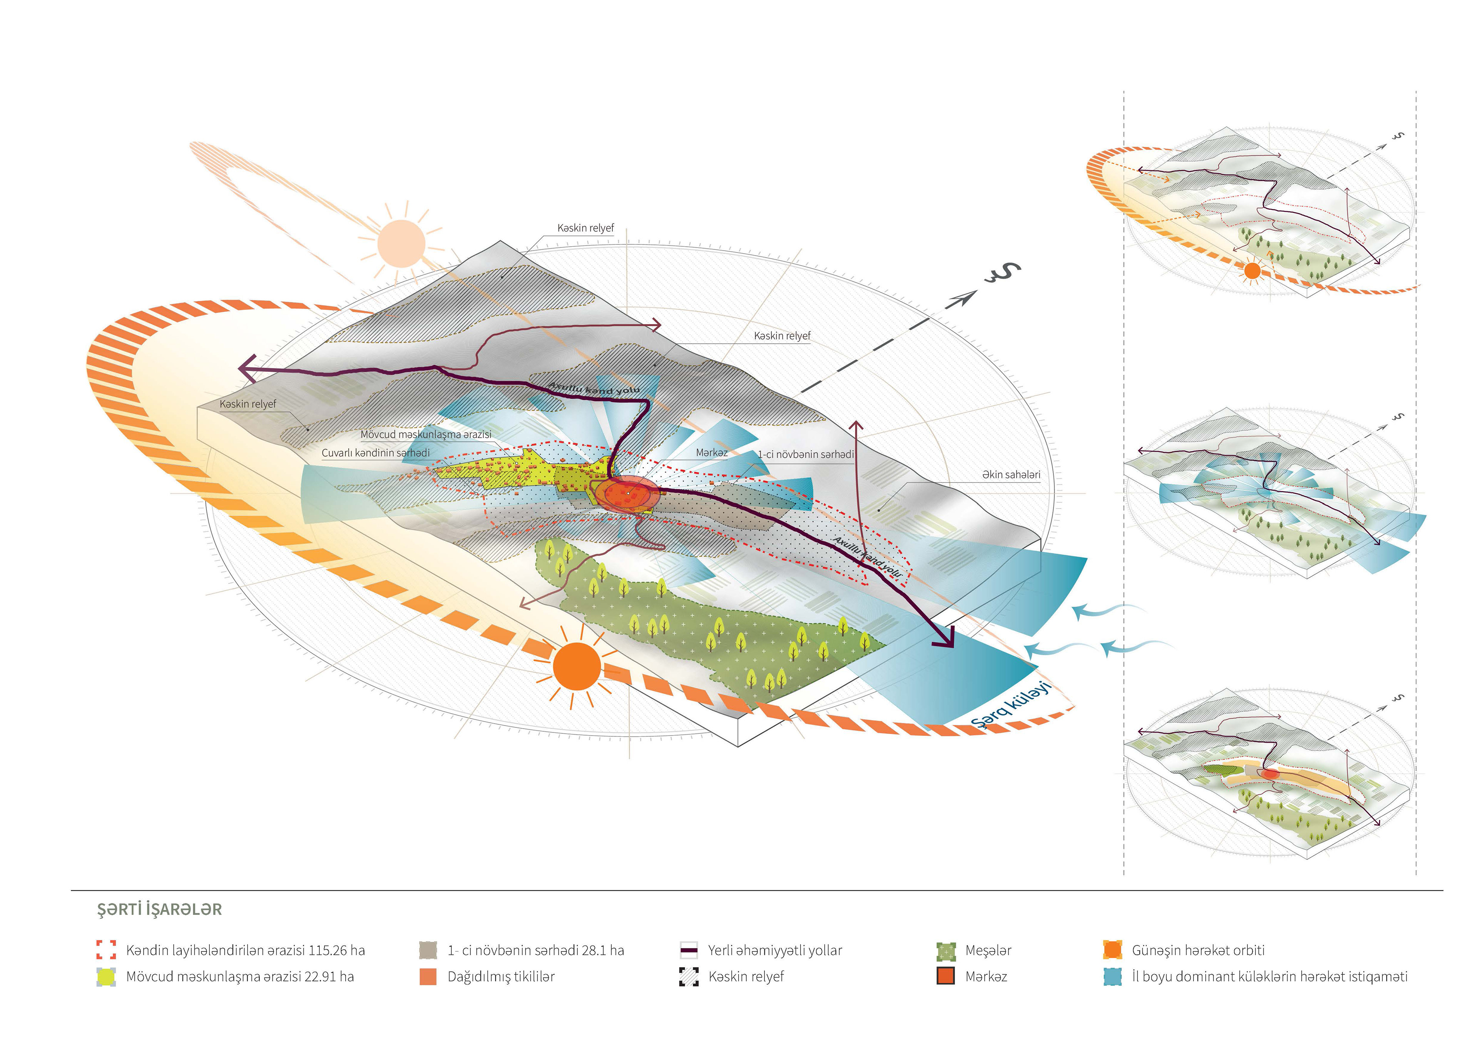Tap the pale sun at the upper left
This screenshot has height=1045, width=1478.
[401, 243]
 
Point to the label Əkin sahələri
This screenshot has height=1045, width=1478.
[1011, 475]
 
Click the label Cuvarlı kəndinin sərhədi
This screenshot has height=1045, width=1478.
[375, 453]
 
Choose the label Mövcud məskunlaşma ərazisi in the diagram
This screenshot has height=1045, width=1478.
[426, 435]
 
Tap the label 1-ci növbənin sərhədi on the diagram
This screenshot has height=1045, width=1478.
[805, 454]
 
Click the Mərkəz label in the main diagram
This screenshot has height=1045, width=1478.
[711, 453]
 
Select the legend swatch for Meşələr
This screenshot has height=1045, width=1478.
[946, 951]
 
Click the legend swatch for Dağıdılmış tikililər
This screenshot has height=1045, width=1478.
[428, 977]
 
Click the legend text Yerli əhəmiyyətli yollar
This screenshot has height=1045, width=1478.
[775, 950]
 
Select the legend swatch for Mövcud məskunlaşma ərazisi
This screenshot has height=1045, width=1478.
[106, 977]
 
